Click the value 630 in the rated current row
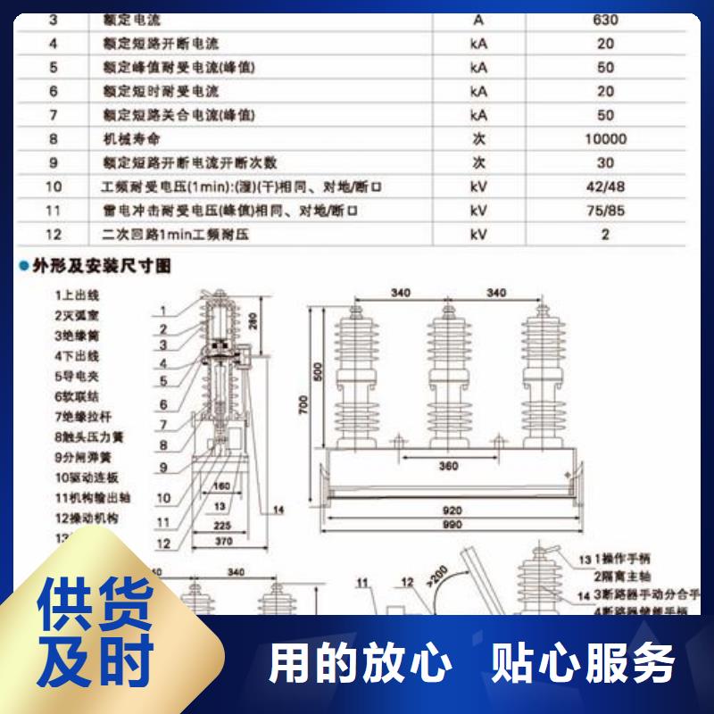[605, 20]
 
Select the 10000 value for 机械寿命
[605, 139]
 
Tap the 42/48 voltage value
[605, 187]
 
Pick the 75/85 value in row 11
[605, 211]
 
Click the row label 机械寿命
[132, 139]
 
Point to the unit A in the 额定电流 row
[478, 20]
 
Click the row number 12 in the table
[53, 235]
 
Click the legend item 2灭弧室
[77, 315]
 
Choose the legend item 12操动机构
[87, 519]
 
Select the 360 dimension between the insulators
[448, 465]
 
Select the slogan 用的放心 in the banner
[361, 664]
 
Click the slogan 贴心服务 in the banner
[584, 664]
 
